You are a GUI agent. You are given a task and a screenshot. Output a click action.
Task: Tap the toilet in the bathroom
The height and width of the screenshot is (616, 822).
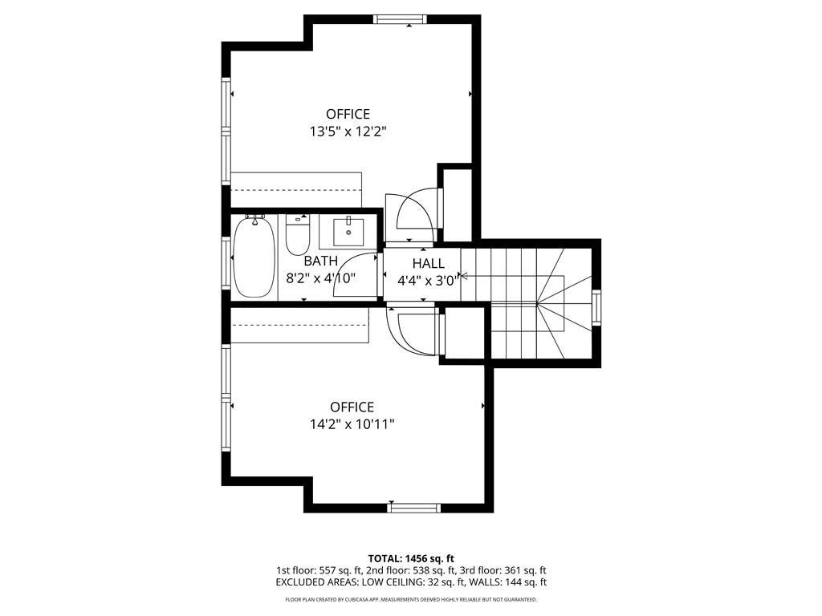[297, 235]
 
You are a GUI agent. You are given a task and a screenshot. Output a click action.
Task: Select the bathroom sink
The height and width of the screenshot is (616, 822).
[349, 232]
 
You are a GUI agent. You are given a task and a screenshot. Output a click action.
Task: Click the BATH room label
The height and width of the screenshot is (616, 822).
[320, 261]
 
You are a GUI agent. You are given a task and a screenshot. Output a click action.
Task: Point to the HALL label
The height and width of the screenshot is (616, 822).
[428, 264]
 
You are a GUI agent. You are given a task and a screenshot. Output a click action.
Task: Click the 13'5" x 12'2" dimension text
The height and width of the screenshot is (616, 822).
[348, 132]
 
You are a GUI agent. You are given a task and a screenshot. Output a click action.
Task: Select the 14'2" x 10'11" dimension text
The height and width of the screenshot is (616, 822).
[352, 424]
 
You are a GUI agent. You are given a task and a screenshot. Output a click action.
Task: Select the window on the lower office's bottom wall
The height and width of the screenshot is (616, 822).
[414, 507]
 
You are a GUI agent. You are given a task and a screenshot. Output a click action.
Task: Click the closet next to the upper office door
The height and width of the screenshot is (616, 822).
[458, 204]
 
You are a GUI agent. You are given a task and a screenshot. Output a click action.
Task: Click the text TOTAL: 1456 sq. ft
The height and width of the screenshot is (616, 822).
[411, 558]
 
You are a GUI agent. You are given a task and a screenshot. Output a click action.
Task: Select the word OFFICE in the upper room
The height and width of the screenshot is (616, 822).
[348, 114]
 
